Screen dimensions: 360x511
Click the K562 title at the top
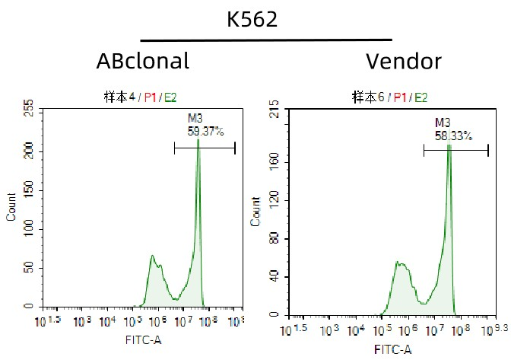(252, 20)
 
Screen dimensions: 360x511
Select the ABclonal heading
(143, 61)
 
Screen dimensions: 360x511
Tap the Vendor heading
(403, 61)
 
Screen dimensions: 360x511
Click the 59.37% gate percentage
(206, 131)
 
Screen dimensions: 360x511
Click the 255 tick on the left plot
(29, 109)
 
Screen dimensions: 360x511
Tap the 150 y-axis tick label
(29, 188)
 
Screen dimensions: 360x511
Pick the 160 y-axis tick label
(275, 161)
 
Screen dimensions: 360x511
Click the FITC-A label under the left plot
(143, 340)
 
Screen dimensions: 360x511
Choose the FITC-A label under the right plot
(392, 349)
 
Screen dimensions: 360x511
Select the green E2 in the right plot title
(421, 97)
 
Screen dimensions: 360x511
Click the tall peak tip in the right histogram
(449, 145)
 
